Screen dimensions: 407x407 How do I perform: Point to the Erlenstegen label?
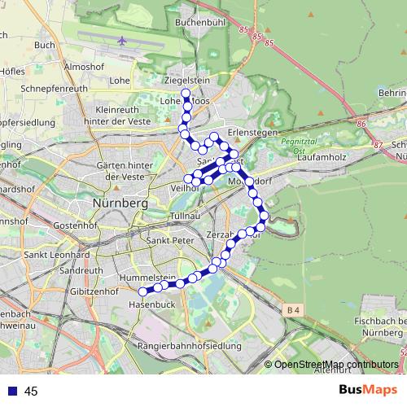[254, 131]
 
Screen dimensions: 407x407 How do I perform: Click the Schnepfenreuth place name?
[55, 85]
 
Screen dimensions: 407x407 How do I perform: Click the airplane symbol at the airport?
[123, 40]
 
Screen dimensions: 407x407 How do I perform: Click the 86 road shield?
[361, 123]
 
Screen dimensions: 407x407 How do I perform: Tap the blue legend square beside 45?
[13, 392]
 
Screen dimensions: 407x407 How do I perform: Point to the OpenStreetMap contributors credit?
[334, 364]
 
